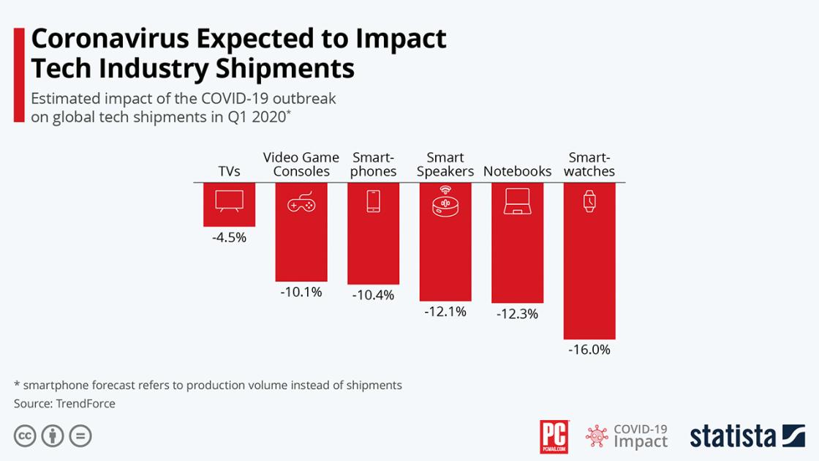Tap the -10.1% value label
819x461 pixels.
[301, 292]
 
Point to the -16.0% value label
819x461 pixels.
[589, 350]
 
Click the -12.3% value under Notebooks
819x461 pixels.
[517, 314]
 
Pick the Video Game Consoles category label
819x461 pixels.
[301, 165]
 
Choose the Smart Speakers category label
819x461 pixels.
[445, 165]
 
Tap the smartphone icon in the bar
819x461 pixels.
[373, 201]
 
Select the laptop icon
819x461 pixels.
[517, 202]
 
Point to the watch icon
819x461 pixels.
[589, 201]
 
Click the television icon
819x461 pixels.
[229, 201]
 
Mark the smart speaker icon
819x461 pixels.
[445, 200]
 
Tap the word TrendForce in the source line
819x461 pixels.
[86, 403]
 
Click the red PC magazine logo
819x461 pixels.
[554, 436]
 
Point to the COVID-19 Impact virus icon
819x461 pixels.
[597, 437]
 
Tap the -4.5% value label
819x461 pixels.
[229, 237]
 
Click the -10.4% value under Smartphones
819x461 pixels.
[373, 295]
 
